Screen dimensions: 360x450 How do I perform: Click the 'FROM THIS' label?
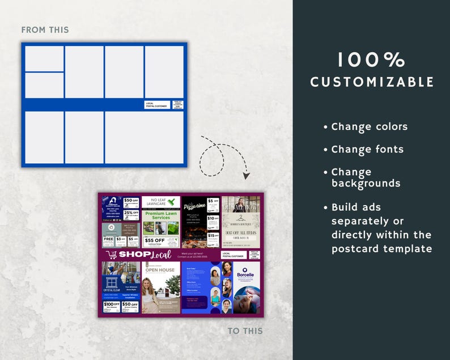coord(45,29)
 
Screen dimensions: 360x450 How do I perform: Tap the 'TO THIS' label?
coord(245,331)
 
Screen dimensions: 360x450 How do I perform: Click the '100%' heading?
coord(371,60)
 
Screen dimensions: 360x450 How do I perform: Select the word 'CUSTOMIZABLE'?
coord(372,82)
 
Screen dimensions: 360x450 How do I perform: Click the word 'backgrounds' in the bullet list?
coord(366,184)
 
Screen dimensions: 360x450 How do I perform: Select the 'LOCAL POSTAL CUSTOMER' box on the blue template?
coord(157,104)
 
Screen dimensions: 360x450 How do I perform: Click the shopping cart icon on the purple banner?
coord(112,255)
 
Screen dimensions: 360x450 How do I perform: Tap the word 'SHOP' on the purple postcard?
coord(131,255)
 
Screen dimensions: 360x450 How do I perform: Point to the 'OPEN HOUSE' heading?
coord(159,270)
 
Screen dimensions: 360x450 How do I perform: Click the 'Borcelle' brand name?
coord(246,275)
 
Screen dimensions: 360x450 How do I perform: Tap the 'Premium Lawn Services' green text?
coord(161,215)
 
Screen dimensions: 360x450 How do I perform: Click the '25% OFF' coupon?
coord(131,214)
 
